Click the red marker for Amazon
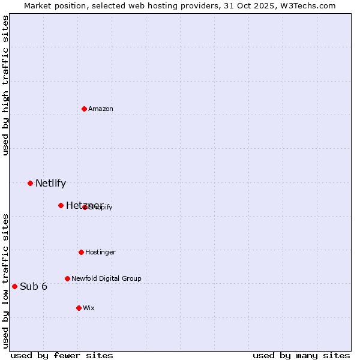point(85,109)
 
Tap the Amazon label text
point(101,109)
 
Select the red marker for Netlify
point(30,183)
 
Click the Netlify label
point(50,184)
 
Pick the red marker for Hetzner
point(61,205)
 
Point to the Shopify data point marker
point(85,207)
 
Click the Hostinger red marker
point(81,252)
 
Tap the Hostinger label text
point(100,253)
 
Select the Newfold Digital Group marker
point(67,278)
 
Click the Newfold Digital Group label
point(106,278)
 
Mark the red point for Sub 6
point(14,286)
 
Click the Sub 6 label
point(34,287)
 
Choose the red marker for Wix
point(79,308)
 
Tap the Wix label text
point(89,308)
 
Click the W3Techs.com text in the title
point(309,5)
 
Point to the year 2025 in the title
point(268,5)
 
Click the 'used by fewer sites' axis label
point(62,355)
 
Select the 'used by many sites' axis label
point(301,355)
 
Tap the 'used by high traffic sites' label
point(5,85)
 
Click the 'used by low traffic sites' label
point(5,281)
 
